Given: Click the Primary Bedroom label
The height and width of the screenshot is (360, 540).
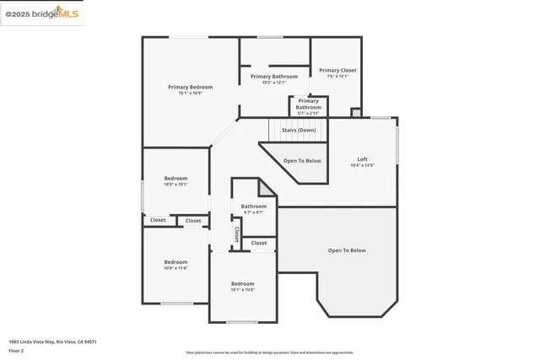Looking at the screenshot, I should click(x=190, y=87).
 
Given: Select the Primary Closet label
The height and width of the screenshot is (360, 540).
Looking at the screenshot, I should click(x=337, y=71).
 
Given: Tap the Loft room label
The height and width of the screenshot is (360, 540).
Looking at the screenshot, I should click(x=362, y=159).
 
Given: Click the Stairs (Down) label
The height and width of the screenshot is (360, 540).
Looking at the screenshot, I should click(x=299, y=131).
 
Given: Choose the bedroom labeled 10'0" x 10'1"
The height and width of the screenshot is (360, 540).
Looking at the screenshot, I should click(x=175, y=179).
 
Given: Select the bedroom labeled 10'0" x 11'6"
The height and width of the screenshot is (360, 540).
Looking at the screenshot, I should click(x=175, y=262).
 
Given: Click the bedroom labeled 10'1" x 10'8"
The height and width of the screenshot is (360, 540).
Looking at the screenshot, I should click(x=242, y=284).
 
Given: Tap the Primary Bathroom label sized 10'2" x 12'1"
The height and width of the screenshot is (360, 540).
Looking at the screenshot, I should click(x=274, y=77).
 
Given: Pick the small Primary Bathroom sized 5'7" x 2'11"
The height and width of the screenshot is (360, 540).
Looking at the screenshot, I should click(x=308, y=105).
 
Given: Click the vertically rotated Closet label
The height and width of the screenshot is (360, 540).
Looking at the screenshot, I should click(x=237, y=232).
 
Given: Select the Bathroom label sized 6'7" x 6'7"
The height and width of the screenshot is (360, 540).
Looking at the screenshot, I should click(x=253, y=207).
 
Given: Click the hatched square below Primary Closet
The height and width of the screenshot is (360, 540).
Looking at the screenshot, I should click(x=356, y=112).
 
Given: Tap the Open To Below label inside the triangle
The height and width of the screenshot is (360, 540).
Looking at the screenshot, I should click(x=301, y=160).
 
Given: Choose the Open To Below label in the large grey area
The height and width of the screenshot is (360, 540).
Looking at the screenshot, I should click(x=347, y=250).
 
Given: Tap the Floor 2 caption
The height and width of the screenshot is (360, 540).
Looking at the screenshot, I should click(x=16, y=350).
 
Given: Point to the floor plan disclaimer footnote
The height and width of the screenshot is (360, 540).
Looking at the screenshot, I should click(x=269, y=352).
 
